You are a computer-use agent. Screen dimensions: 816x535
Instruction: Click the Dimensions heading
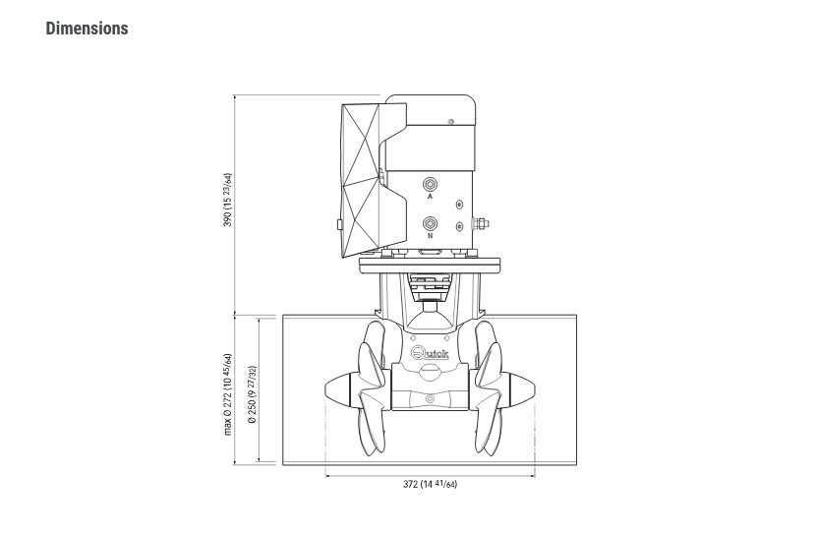point(87,29)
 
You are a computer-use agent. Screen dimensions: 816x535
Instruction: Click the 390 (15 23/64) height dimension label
point(227,200)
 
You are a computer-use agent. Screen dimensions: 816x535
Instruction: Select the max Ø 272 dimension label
point(227,394)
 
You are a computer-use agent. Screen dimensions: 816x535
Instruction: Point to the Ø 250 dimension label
point(252,394)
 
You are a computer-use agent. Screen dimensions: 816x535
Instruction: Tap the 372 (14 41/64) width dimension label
point(430,484)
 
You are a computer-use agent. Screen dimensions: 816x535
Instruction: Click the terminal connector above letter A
point(430,184)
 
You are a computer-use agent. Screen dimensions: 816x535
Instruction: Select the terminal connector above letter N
point(430,224)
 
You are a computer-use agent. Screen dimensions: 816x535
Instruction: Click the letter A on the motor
point(430,197)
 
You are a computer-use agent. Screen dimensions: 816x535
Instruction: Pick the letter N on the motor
point(430,236)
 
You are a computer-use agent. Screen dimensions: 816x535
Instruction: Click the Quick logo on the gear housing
point(430,354)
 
